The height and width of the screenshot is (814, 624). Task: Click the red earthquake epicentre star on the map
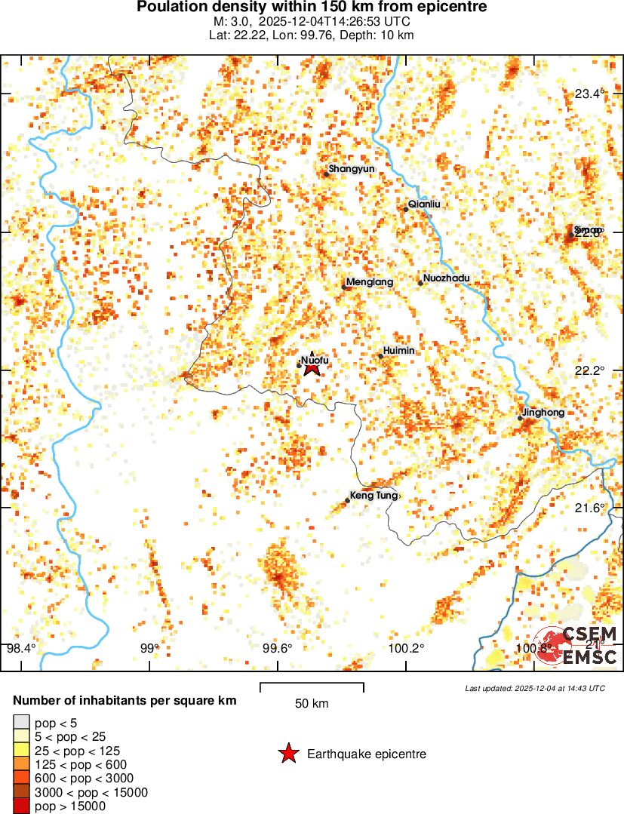pos(312,367)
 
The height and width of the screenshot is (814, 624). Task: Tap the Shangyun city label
pos(352,168)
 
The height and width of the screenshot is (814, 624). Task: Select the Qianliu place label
pos(423,204)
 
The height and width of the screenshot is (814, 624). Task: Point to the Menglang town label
pos(370,282)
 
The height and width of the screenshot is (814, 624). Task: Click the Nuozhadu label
pos(447,278)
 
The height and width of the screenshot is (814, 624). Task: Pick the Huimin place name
pos(399,351)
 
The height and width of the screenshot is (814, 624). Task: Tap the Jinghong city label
pos(543,413)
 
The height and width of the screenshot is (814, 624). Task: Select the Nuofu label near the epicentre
pos(315,360)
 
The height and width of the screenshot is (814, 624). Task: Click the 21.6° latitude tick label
pos(590,508)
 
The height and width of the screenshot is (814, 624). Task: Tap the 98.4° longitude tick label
pos(21,648)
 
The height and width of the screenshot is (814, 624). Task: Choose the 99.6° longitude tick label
pos(277,648)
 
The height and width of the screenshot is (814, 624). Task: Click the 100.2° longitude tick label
pos(406,648)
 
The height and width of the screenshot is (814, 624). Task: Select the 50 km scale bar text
pos(312,704)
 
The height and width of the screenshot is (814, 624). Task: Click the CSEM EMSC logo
pos(576,646)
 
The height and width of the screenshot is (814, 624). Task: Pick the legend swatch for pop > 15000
pos(22,806)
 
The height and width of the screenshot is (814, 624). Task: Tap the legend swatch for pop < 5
pos(22,723)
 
